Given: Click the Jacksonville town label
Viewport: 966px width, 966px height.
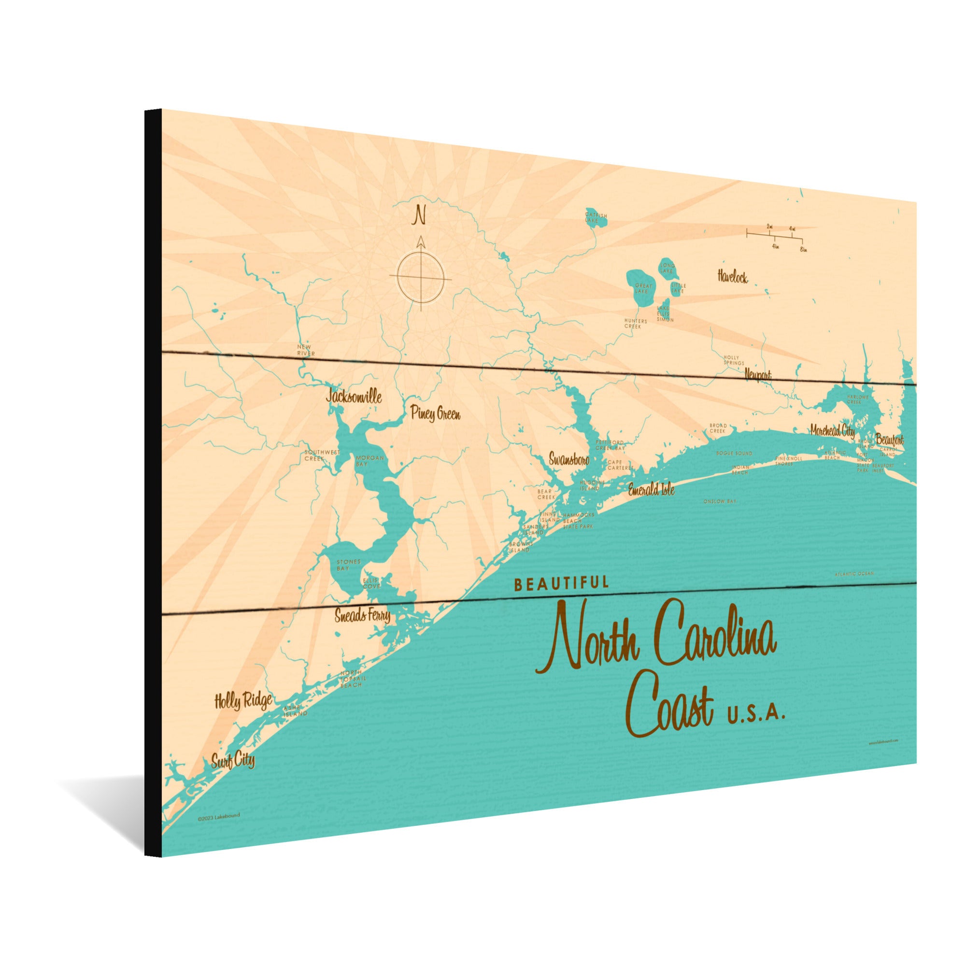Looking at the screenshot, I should pos(354,397).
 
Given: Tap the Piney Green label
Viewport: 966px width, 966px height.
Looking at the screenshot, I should pos(435,414).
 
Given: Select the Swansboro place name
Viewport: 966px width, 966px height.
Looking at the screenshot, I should pos(569,459).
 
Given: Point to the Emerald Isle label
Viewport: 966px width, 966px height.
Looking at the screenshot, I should pos(651,489).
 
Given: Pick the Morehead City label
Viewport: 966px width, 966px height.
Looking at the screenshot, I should pos(833,430).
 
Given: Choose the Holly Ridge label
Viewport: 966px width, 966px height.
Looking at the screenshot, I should pos(243,701).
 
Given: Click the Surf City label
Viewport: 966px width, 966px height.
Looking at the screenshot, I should pos(232,762).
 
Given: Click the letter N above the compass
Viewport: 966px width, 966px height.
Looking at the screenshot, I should pos(419,216).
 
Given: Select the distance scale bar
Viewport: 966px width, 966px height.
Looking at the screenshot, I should pos(775,234).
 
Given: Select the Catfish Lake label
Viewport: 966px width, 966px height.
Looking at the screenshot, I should pos(596,217).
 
